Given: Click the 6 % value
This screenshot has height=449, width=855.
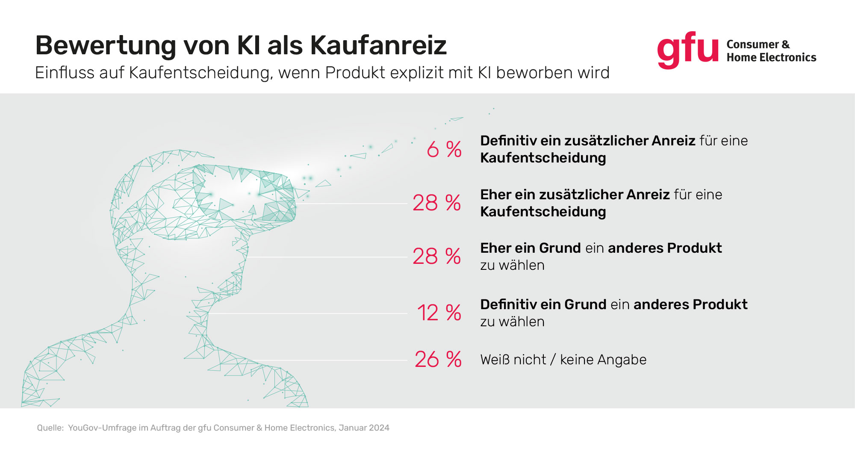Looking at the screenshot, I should [444, 149].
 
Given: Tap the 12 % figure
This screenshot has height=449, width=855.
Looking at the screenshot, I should [439, 313].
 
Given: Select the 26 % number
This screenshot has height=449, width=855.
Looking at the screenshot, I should [438, 359].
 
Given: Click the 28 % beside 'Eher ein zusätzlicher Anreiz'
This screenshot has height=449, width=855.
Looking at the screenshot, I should [436, 203].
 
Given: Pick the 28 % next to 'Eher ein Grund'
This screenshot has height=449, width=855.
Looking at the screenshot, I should [436, 257].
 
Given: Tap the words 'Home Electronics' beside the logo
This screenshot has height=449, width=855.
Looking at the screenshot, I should [771, 57].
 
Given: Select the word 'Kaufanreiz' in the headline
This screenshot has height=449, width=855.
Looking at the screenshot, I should [378, 45].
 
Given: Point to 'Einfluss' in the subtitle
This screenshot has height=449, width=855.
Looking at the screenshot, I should [65, 73].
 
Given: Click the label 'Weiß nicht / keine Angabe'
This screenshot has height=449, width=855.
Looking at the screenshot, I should [563, 360].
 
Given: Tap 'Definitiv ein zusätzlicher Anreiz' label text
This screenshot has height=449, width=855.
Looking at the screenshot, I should [587, 141].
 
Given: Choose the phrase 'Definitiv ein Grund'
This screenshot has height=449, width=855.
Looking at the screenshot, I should [543, 304].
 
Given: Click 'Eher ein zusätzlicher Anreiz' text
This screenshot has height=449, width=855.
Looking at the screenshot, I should [575, 195].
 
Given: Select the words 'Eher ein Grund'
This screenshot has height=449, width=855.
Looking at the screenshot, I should [530, 248].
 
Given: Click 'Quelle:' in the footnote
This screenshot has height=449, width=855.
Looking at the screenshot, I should [50, 428].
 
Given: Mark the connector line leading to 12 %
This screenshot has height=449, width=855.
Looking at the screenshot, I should [308, 313].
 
